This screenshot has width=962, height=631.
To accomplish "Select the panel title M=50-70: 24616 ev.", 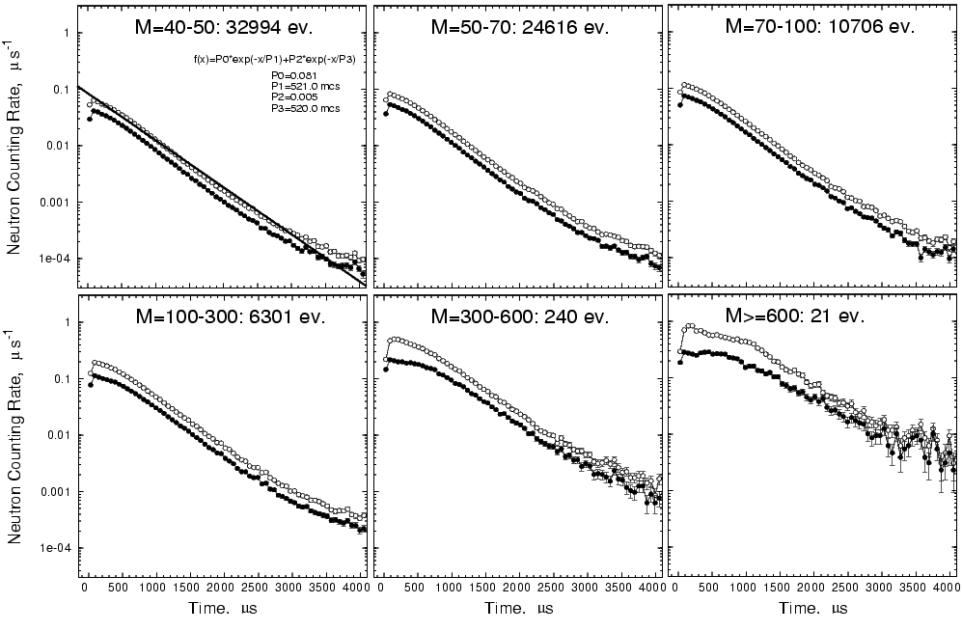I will (x=519, y=28).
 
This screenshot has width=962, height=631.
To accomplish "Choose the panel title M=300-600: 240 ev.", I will (x=519, y=315).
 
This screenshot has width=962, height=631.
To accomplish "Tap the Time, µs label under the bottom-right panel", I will (x=811, y=610).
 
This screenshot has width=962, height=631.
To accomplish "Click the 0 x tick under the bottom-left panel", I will (x=85, y=587).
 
